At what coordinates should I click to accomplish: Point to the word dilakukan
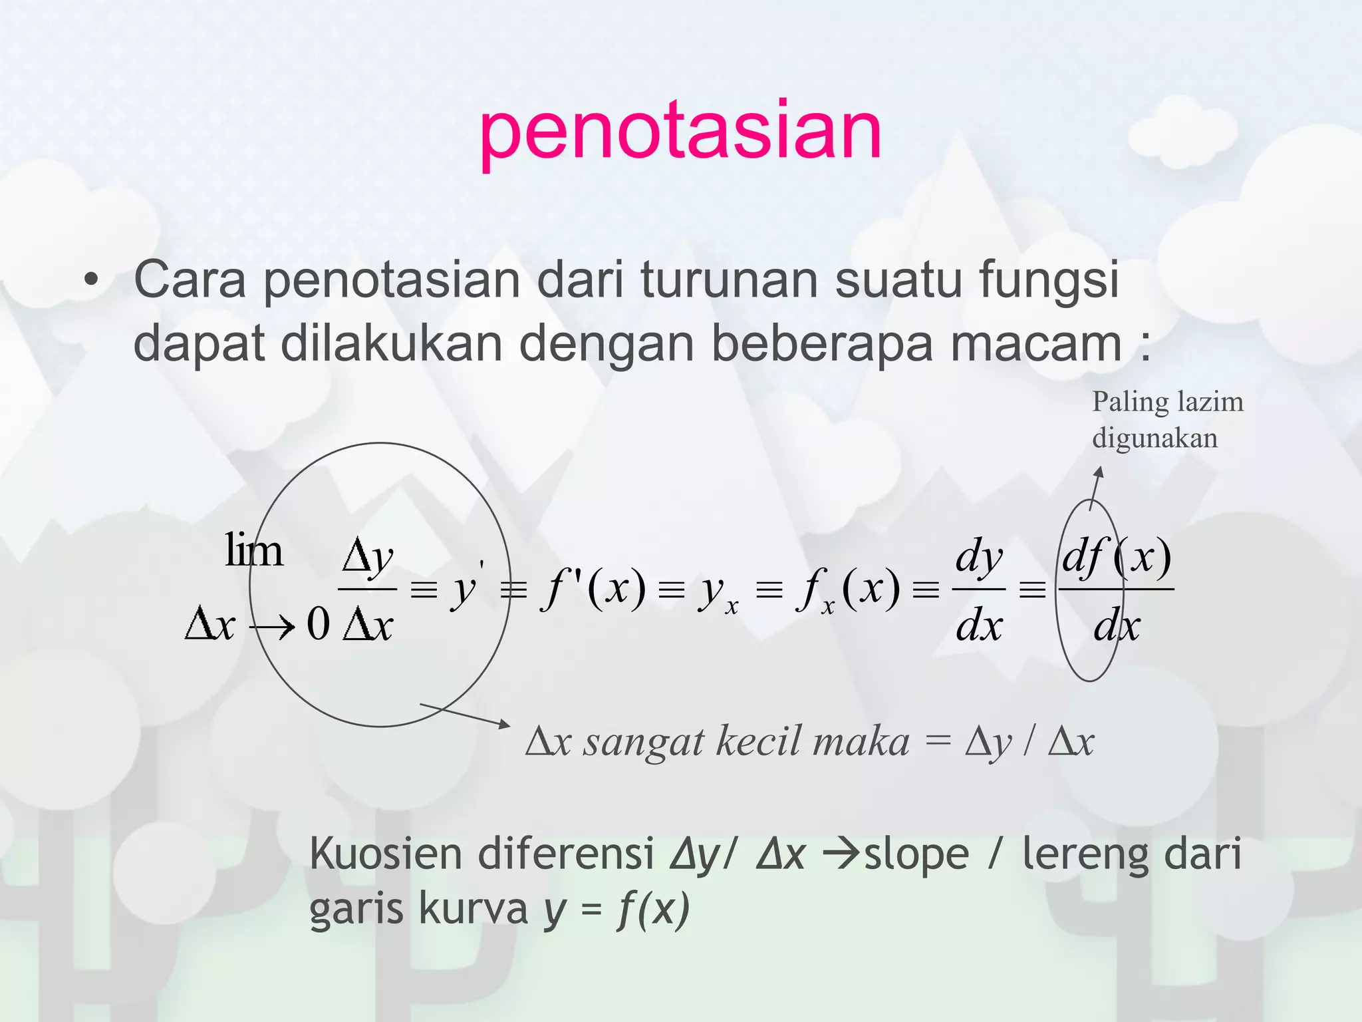coord(391,344)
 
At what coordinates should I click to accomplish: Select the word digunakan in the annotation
coord(1155,438)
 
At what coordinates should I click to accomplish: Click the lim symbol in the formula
coord(253,551)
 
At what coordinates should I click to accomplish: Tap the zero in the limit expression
coord(318,625)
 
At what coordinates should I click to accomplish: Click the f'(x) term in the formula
coord(594,588)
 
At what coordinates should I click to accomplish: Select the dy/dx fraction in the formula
coord(978,590)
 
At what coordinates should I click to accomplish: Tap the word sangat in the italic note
coord(643,741)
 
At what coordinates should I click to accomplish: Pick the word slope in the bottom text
coord(916,855)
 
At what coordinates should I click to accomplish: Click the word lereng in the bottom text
coord(1086,855)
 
